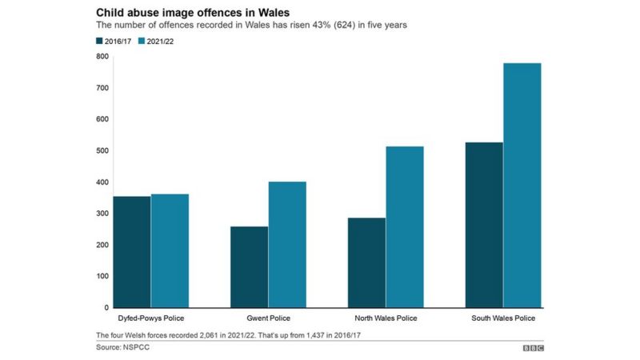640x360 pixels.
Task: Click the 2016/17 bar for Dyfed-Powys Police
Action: (131, 252)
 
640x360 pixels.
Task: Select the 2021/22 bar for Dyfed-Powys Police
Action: (170, 250)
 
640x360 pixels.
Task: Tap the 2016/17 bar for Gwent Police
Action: (249, 267)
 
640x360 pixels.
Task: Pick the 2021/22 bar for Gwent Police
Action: (287, 245)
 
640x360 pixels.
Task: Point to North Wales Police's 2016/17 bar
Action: (366, 262)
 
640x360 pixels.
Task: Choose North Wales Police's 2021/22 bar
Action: (405, 227)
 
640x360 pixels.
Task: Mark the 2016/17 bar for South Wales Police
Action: (484, 225)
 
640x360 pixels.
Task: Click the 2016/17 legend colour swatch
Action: (100, 41)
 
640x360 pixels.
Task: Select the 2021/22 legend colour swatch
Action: (142, 41)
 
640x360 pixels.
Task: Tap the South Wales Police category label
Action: (503, 319)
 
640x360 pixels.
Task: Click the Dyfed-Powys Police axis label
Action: (150, 319)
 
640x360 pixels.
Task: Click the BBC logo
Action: (534, 348)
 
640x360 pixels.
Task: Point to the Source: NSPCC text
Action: (122, 348)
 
